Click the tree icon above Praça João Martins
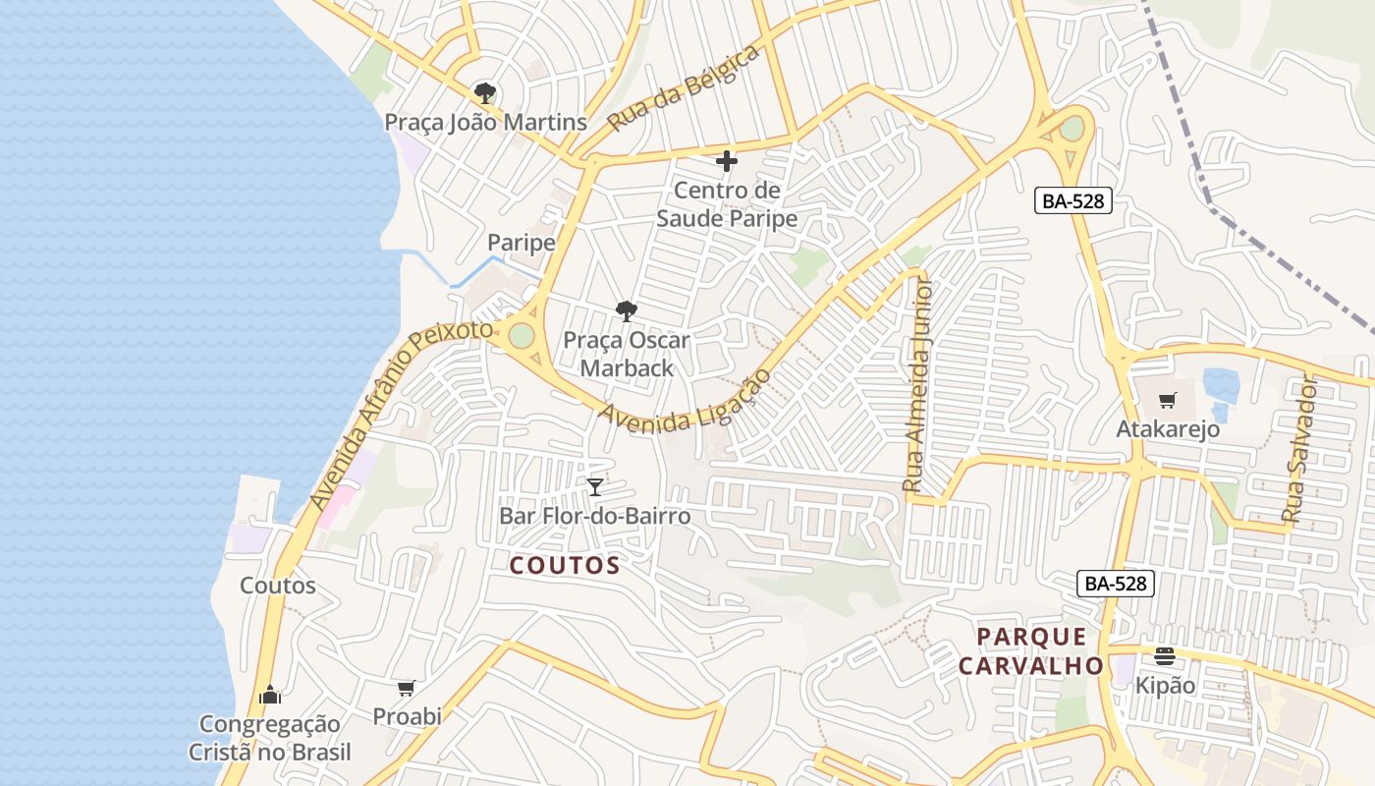pos(484,94)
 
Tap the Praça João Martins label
pos(485,123)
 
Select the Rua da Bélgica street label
pos(684,88)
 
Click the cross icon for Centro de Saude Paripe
pos(727,161)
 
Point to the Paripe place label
pos(522,243)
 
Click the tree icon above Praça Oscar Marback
pos(626,312)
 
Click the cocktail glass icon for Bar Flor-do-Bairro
pos(594,487)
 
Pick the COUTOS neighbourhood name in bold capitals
pos(565,565)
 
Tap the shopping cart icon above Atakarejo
pos(1167,401)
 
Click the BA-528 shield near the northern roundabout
pos(1073,201)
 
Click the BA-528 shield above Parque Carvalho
pos(1115,584)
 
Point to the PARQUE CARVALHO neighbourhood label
pos(1031,651)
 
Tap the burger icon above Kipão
pos(1165,656)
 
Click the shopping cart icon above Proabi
pos(406,689)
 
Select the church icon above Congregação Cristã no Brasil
pos(270,696)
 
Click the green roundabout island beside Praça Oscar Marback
pos(522,336)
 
